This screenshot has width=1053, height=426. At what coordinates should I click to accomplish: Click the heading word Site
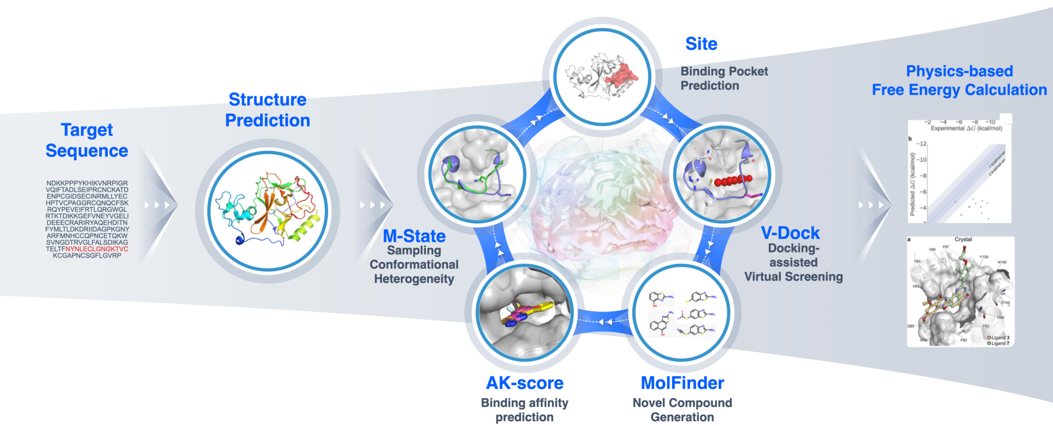701,44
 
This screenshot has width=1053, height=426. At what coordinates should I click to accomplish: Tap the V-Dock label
790,233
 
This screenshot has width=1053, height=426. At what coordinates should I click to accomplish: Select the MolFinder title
682,383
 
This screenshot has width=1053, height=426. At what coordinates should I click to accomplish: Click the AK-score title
524,383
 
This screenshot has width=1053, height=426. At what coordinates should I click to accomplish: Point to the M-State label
414,236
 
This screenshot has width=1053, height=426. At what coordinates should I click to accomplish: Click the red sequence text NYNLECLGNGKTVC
97,249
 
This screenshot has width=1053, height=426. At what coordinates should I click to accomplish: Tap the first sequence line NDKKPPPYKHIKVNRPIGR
87,183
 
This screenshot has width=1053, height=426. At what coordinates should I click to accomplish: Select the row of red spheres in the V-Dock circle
733,180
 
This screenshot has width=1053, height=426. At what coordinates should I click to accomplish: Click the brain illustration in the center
602,206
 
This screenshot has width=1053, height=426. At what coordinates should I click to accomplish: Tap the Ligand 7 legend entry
1000,343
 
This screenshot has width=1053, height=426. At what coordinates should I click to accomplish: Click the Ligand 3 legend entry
1000,338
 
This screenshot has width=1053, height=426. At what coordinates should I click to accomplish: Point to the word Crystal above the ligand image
963,239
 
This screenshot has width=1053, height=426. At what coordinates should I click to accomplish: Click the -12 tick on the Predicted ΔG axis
922,144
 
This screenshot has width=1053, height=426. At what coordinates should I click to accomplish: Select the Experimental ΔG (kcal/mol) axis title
966,128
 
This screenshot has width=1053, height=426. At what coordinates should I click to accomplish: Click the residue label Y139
983,257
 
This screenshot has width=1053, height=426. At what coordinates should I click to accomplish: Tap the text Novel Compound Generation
682,410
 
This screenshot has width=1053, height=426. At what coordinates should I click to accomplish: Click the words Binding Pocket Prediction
723,79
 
